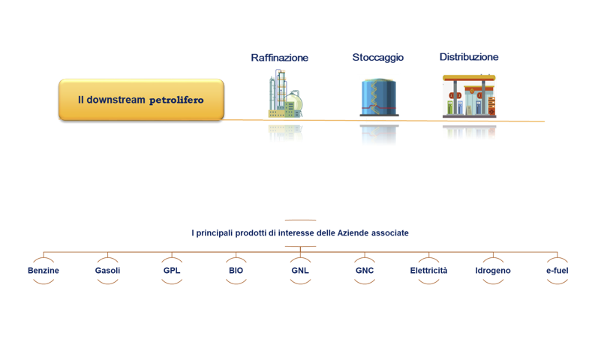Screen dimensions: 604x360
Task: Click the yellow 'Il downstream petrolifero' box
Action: click(x=141, y=100)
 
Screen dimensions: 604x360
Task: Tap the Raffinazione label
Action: click(x=280, y=58)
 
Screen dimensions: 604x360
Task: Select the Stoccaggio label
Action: click(x=378, y=58)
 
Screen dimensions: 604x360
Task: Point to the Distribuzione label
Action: click(x=469, y=57)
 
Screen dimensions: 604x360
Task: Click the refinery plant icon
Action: click(x=285, y=94)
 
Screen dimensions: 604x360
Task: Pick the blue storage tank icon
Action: click(x=379, y=97)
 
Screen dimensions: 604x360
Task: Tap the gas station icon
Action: click(x=469, y=96)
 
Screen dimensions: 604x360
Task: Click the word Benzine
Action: click(x=44, y=271)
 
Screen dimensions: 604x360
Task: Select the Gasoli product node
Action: click(x=107, y=271)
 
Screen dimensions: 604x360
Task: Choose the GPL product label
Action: click(x=172, y=271)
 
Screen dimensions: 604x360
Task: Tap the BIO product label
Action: click(x=236, y=271)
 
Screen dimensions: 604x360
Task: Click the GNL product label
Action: click(x=300, y=271)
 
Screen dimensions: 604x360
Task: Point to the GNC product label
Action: click(x=365, y=271)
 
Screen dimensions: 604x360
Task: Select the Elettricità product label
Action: click(x=428, y=271)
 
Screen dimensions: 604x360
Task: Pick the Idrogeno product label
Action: click(x=493, y=271)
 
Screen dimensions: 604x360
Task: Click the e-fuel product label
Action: click(x=557, y=271)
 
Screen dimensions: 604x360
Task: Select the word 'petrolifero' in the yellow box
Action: click(x=176, y=100)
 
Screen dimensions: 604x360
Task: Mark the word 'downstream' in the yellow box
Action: click(x=116, y=100)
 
